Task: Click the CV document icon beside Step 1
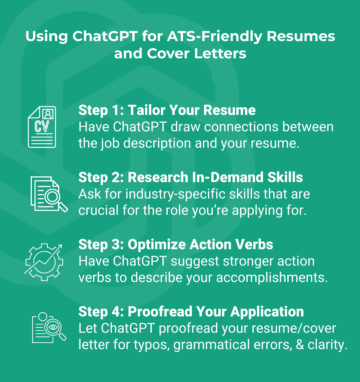[42, 127]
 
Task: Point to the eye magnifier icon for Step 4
[49, 328]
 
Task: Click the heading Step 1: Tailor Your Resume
[167, 110]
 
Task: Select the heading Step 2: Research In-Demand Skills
[190, 177]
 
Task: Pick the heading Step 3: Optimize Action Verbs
[176, 244]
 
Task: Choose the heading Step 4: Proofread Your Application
[191, 312]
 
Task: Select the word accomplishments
[272, 278]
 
